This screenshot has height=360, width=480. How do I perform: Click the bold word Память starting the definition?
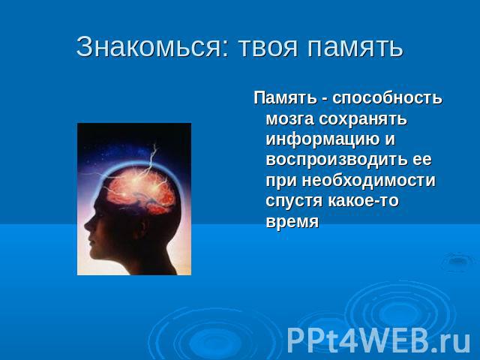[285, 98]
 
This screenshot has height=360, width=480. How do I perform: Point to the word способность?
[387, 99]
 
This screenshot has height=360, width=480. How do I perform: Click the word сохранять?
[363, 119]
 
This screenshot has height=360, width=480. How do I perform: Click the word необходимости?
[368, 180]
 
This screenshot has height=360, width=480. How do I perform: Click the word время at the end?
[292, 222]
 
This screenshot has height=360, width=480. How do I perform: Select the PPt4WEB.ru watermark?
[378, 340]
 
